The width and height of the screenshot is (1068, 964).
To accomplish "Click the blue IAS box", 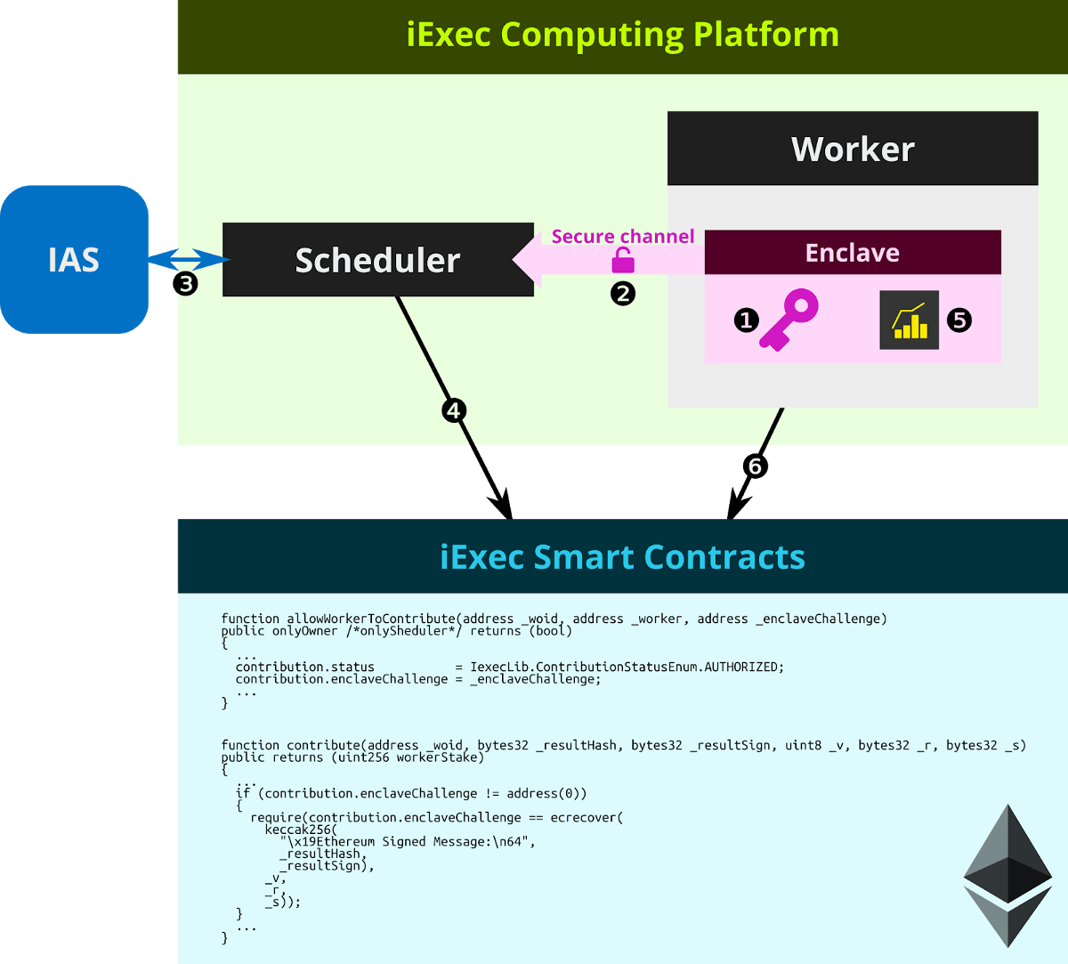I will pyautogui.click(x=74, y=259).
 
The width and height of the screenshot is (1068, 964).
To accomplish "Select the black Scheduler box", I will pyautogui.click(x=377, y=260).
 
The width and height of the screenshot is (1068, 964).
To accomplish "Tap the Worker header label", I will pyautogui.click(x=853, y=149).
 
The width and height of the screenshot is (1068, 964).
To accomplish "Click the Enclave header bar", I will pyautogui.click(x=852, y=253).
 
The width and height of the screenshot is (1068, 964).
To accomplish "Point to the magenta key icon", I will pyautogui.click(x=789, y=319).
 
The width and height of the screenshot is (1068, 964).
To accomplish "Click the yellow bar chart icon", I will pyautogui.click(x=909, y=320).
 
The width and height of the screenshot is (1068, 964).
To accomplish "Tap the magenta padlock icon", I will pyautogui.click(x=623, y=261).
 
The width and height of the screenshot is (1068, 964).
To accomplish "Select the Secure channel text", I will pyautogui.click(x=622, y=237).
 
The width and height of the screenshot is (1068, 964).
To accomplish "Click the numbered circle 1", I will pyautogui.click(x=746, y=320).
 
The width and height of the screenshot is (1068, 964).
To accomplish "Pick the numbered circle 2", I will pyautogui.click(x=623, y=293).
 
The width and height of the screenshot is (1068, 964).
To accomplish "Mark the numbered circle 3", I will pyautogui.click(x=184, y=284).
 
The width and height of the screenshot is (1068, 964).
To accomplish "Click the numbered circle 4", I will pyautogui.click(x=454, y=410).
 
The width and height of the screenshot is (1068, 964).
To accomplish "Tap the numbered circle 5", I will pyautogui.click(x=959, y=320).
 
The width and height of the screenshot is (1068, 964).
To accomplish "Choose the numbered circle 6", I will pyautogui.click(x=755, y=466).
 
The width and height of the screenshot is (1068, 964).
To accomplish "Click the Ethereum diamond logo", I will pyautogui.click(x=1007, y=876).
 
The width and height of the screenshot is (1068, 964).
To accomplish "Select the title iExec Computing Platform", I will pyautogui.click(x=622, y=36).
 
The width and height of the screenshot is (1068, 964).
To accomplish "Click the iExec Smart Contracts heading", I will pyautogui.click(x=622, y=557).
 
